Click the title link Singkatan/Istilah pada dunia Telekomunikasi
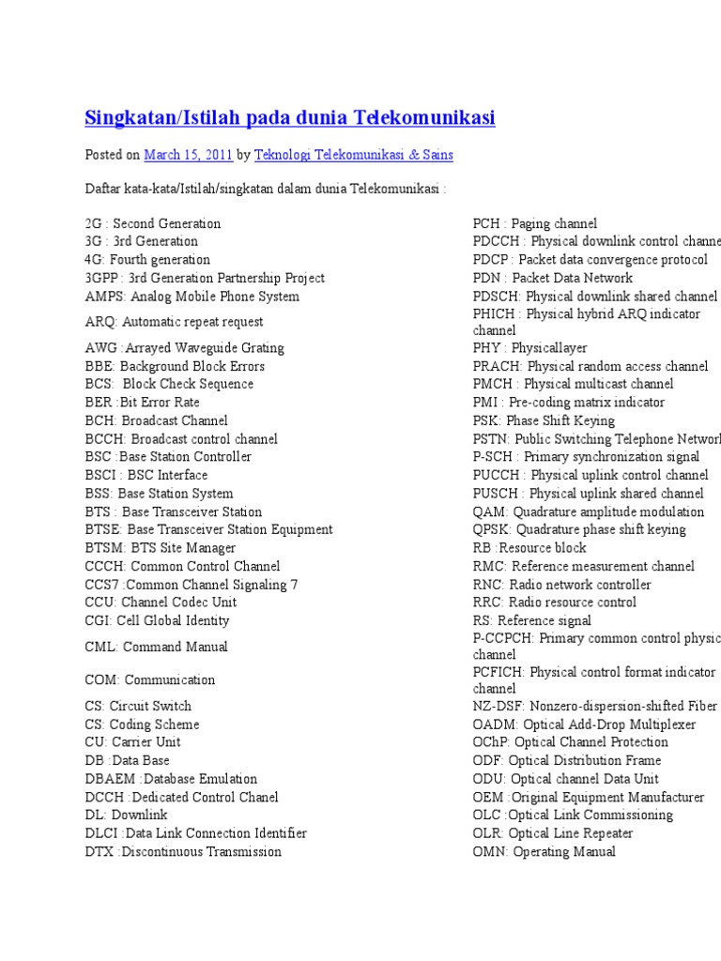point(290,117)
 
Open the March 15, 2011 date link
point(189,154)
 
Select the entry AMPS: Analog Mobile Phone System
point(192,297)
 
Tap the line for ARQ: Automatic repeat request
point(175,322)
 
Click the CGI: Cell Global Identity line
point(158,620)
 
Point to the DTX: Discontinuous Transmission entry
point(183,851)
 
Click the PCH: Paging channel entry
point(535,223)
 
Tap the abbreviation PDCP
point(491,260)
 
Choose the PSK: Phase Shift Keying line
point(545,420)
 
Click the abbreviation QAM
point(490,511)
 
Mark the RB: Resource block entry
point(529,548)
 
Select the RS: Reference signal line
point(532,620)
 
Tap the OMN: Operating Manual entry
point(545,851)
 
